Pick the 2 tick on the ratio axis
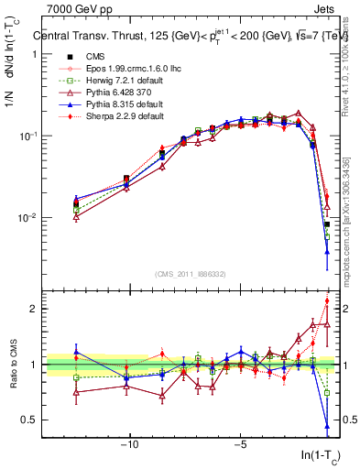click(36, 309)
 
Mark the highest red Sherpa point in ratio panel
click(327, 301)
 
